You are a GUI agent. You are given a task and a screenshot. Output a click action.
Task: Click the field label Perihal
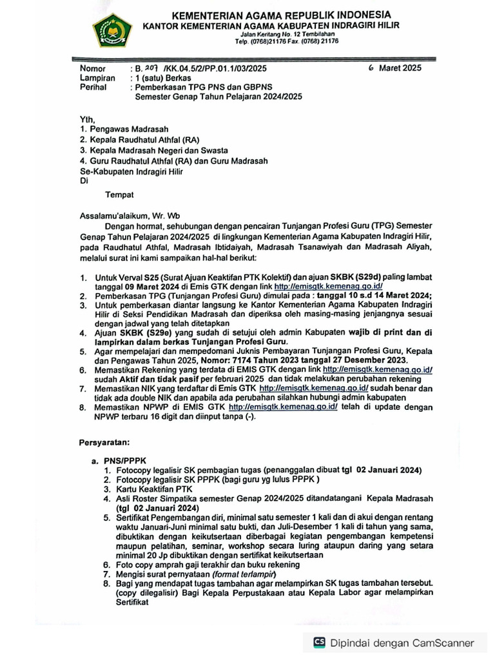tap(94, 86)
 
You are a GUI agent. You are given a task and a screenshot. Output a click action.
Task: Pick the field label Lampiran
tap(97, 77)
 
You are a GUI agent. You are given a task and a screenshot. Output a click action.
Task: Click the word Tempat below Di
tap(120, 192)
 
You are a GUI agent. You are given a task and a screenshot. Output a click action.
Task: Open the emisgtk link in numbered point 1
tap(329, 286)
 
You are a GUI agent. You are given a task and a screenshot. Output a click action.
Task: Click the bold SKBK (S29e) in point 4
tap(141, 333)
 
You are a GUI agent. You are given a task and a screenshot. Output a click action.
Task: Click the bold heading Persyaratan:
tap(104, 443)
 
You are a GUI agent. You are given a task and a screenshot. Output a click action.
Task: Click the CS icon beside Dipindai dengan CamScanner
tap(319, 643)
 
